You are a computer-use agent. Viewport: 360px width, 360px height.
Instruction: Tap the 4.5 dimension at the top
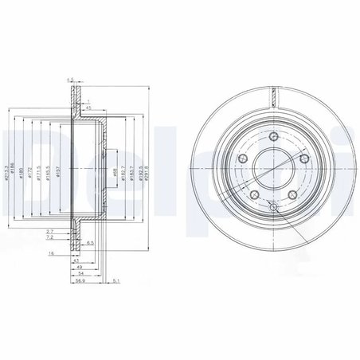tap(70, 80)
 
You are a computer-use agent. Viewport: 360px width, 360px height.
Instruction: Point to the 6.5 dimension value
tap(92, 243)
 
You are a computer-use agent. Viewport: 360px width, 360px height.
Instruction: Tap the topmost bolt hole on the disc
tap(272, 137)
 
